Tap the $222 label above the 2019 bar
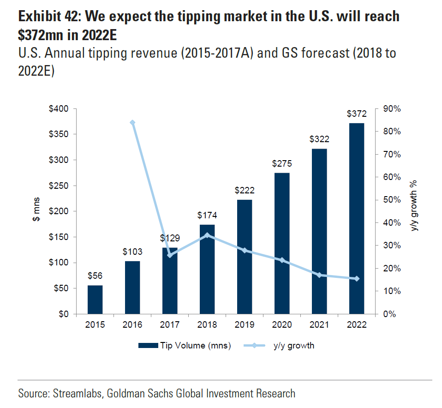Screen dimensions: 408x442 [x=245, y=190]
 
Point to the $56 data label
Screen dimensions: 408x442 [x=95, y=276]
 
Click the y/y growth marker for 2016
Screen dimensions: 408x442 [x=132, y=123]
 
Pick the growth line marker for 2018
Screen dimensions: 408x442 [x=207, y=235]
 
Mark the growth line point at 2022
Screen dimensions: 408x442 [x=356, y=279]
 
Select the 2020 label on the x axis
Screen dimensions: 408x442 [x=282, y=325]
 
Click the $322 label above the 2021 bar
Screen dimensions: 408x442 [x=319, y=138]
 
